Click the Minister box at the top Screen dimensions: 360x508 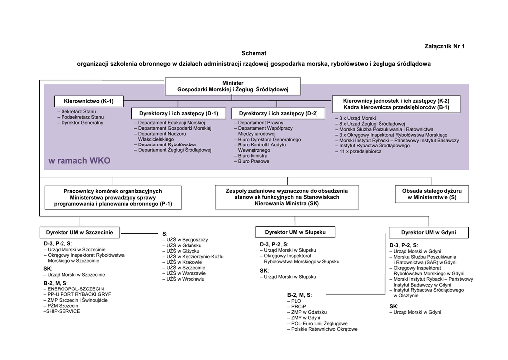pyautogui.click(x=233, y=86)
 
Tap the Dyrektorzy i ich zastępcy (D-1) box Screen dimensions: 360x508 pyautogui.click(x=179, y=113)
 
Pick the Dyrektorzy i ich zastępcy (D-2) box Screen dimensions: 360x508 pyautogui.click(x=278, y=113)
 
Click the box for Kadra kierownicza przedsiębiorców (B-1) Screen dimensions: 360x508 pyautogui.click(x=396, y=104)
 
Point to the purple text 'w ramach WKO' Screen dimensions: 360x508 pyautogui.click(x=79, y=161)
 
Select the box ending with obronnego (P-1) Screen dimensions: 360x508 pyautogui.click(x=113, y=197)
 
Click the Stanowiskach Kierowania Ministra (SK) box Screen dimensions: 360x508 pyautogui.click(x=286, y=197)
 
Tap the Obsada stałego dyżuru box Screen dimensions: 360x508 pyautogui.click(x=432, y=194)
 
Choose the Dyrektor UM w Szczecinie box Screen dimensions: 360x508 pyautogui.click(x=79, y=232)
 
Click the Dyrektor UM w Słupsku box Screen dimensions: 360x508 pyautogui.click(x=295, y=232)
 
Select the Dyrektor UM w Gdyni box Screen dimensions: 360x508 pyautogui.click(x=428, y=232)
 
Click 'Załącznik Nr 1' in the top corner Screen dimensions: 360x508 pyautogui.click(x=445, y=46)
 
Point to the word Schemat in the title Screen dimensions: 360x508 pyautogui.click(x=254, y=53)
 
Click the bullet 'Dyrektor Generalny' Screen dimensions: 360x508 pyautogui.click(x=82, y=123)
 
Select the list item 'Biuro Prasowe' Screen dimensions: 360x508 pyautogui.click(x=254, y=161)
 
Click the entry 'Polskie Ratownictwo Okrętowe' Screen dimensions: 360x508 pyautogui.click(x=324, y=329)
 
